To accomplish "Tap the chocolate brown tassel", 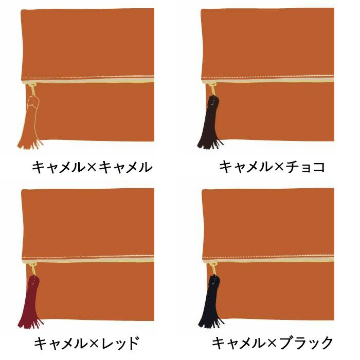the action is (x=210, y=123).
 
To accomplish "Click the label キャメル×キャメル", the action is (x=92, y=167).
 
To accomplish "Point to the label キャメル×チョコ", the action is (x=272, y=167).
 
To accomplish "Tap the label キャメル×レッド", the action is (x=86, y=343).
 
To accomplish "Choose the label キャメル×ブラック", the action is (x=272, y=343).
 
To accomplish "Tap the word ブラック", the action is (x=306, y=343).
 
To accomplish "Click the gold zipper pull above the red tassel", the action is (x=33, y=269).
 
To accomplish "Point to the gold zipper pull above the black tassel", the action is (x=213, y=269).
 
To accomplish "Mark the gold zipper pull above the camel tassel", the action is (x=32, y=90).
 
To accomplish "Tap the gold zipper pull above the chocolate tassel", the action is (x=212, y=89).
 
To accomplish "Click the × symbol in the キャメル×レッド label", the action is (x=94, y=344).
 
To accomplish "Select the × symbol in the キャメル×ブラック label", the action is (x=272, y=344).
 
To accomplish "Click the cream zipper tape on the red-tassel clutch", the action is (x=88, y=260).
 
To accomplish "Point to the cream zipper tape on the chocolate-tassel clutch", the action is (x=268, y=80).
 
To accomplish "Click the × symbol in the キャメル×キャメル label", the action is (x=92, y=167).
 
